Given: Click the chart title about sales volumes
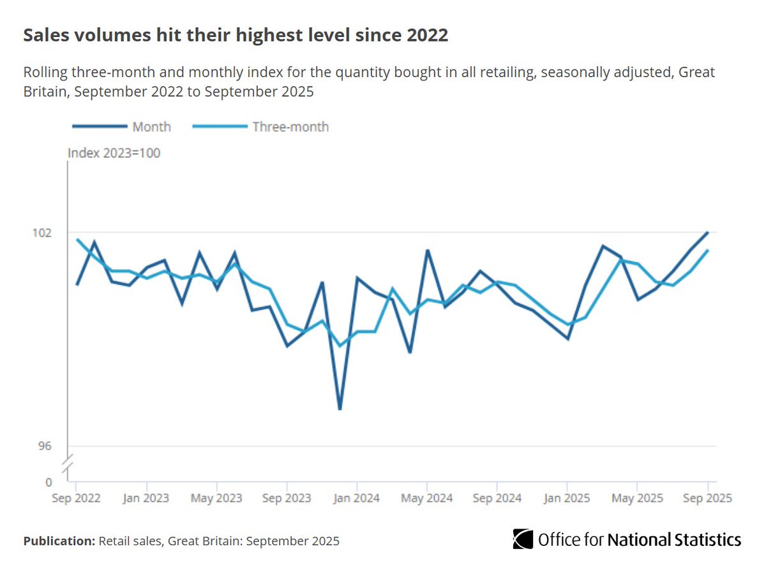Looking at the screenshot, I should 236,36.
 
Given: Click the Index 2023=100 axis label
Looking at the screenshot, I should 114,153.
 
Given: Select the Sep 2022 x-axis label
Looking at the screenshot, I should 77,497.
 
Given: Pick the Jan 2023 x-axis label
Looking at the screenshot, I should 147,497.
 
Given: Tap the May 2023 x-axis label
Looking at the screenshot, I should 217,497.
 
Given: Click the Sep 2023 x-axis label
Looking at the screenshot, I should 287,497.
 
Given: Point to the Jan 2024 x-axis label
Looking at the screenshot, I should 357,497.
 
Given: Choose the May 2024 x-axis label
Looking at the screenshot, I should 427,497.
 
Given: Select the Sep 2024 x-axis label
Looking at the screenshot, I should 497,497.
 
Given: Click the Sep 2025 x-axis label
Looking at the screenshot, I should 707,497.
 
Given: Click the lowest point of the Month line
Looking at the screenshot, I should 340,409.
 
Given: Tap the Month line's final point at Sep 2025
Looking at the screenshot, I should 707,233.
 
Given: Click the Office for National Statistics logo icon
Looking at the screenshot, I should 523,539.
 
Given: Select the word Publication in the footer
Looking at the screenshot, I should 59,541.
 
